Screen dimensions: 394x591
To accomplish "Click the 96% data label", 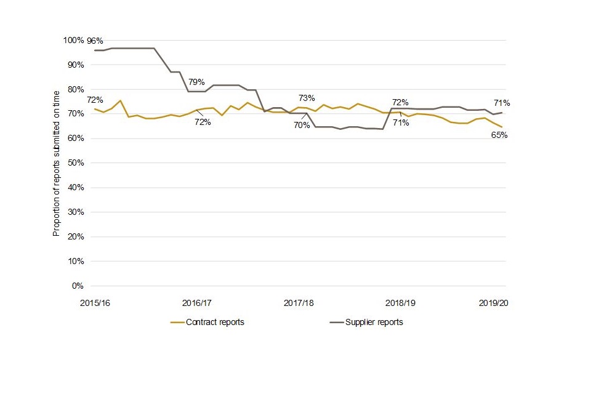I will [x=95, y=41].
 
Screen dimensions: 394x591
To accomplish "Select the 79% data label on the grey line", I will [x=196, y=81].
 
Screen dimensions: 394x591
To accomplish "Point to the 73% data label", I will [x=307, y=98].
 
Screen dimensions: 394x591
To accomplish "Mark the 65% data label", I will [x=499, y=135].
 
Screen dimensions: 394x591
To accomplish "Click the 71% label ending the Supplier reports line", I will [x=501, y=103].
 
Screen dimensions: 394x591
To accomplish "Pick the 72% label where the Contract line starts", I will [x=95, y=100].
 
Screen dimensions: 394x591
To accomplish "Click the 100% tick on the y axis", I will [x=73, y=40].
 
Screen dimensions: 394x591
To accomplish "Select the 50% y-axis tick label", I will [x=74, y=163].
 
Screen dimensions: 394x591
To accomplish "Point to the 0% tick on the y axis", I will [x=77, y=286].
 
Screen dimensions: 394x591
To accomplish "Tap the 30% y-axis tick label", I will [x=74, y=212].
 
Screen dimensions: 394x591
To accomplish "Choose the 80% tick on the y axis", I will [x=74, y=89].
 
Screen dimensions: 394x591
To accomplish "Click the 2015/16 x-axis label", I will [x=95, y=304].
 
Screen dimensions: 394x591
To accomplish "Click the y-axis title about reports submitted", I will [x=56, y=164].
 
